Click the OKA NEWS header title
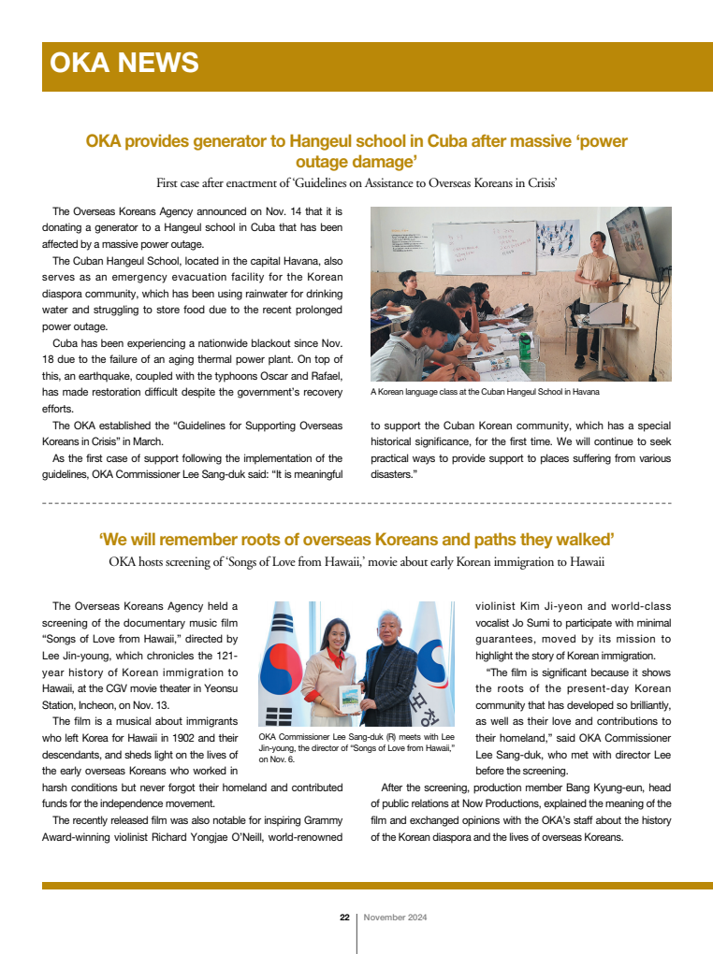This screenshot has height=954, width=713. click(x=124, y=63)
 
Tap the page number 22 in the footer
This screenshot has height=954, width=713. click(x=344, y=918)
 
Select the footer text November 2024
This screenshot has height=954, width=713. click(x=395, y=918)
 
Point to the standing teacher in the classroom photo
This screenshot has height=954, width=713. click(x=595, y=290)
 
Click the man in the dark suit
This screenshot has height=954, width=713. click(x=393, y=678)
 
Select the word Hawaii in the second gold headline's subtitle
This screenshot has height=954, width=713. click(x=580, y=561)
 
